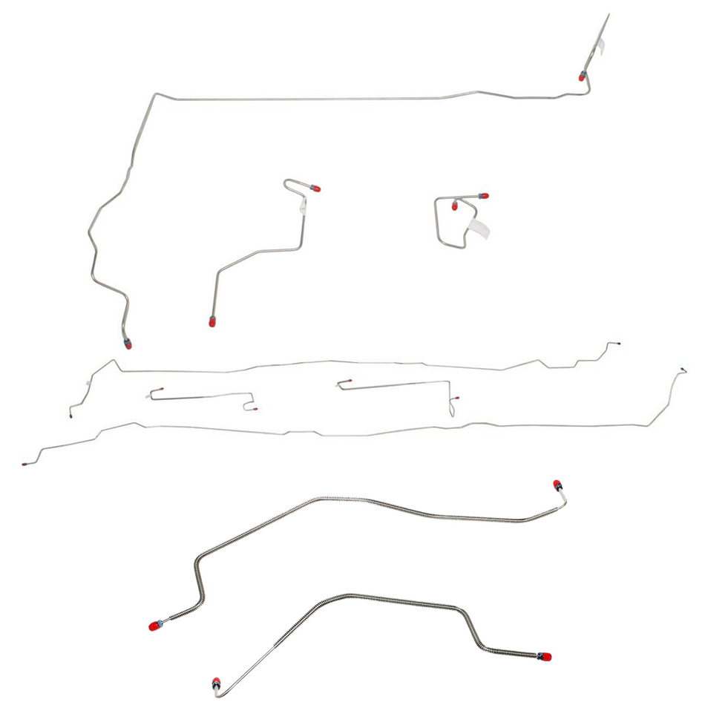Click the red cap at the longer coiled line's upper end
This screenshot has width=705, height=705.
click(557, 485)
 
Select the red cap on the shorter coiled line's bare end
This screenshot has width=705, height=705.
click(216, 682)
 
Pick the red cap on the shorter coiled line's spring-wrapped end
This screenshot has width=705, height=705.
click(545, 657)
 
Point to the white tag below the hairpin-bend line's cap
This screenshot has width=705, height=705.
click(303, 207)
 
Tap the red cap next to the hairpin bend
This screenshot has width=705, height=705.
click(316, 188)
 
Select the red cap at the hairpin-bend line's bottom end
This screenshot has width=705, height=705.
click(212, 322)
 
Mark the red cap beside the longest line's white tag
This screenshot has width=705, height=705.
click(583, 76)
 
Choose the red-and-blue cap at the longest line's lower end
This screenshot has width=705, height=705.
click(128, 343)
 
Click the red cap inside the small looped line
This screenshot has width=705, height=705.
click(455, 206)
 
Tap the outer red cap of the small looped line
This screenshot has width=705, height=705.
click(483, 196)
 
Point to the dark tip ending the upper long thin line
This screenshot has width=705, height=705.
click(619, 344)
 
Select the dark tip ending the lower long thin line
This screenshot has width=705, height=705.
click(683, 369)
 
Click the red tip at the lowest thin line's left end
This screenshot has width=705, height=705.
click(24, 464)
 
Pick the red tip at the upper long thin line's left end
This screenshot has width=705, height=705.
click(70, 417)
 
